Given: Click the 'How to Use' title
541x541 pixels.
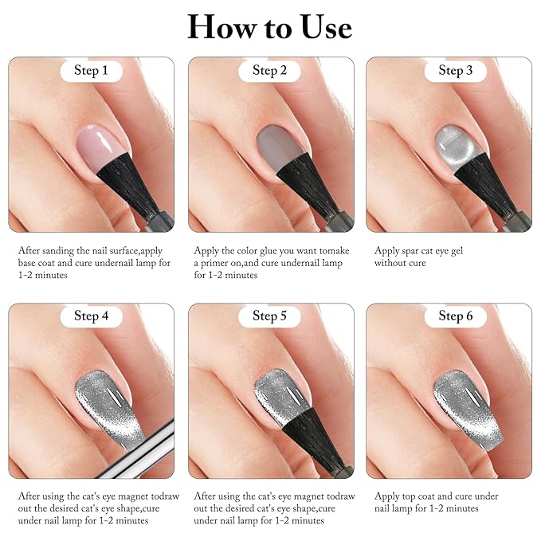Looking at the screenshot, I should [x=269, y=27].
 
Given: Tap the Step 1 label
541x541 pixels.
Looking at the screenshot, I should [x=91, y=71].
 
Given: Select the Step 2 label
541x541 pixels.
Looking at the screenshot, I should [x=270, y=71].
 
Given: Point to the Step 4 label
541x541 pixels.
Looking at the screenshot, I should [x=91, y=316].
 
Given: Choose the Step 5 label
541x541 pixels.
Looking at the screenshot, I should [x=270, y=316].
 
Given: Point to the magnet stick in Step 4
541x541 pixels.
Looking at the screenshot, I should [x=151, y=446].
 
